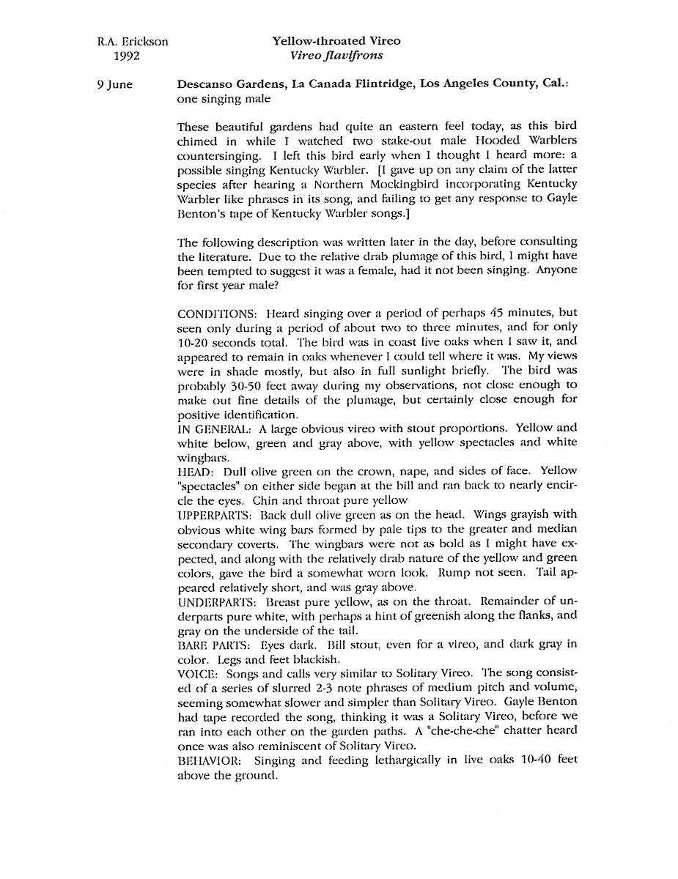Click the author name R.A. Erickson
(132, 42)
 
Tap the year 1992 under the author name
(125, 55)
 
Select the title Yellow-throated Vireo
(336, 42)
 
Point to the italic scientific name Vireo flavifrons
(337, 55)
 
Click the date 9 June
(115, 84)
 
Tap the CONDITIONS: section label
(218, 314)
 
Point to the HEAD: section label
(195, 471)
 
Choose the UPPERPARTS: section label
(212, 515)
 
